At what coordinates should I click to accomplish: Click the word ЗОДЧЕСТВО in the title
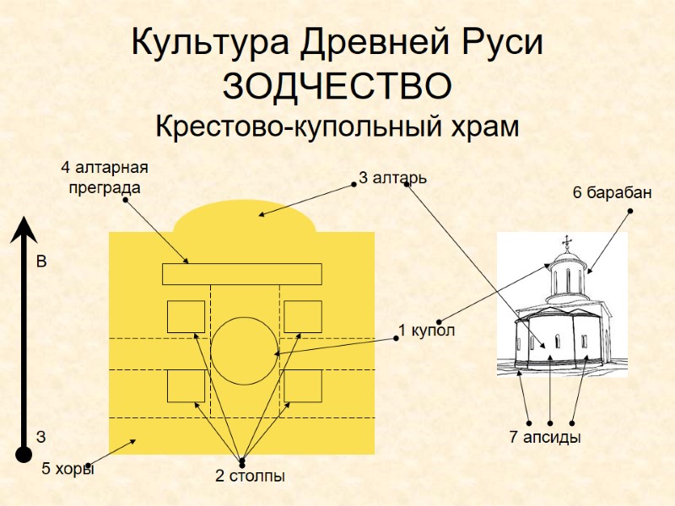coord(337,86)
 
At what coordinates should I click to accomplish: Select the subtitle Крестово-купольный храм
coord(337,127)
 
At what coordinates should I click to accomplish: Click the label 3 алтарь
coord(392,178)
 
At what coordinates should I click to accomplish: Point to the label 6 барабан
coord(612,193)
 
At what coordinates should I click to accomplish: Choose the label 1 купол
coord(427,331)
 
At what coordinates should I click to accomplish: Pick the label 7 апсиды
coord(545,438)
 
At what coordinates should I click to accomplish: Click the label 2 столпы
coord(250,476)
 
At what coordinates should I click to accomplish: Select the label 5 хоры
coord(68,470)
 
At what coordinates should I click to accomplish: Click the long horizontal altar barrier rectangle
coord(242,274)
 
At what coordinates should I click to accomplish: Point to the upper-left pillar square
coord(186,316)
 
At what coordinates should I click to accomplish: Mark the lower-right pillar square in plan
coord(302,385)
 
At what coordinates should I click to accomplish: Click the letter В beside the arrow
coord(40,263)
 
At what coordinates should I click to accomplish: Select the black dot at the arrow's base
coord(24,455)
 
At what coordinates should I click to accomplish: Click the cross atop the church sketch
coord(566,242)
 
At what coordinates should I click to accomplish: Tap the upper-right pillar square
coord(302,316)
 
